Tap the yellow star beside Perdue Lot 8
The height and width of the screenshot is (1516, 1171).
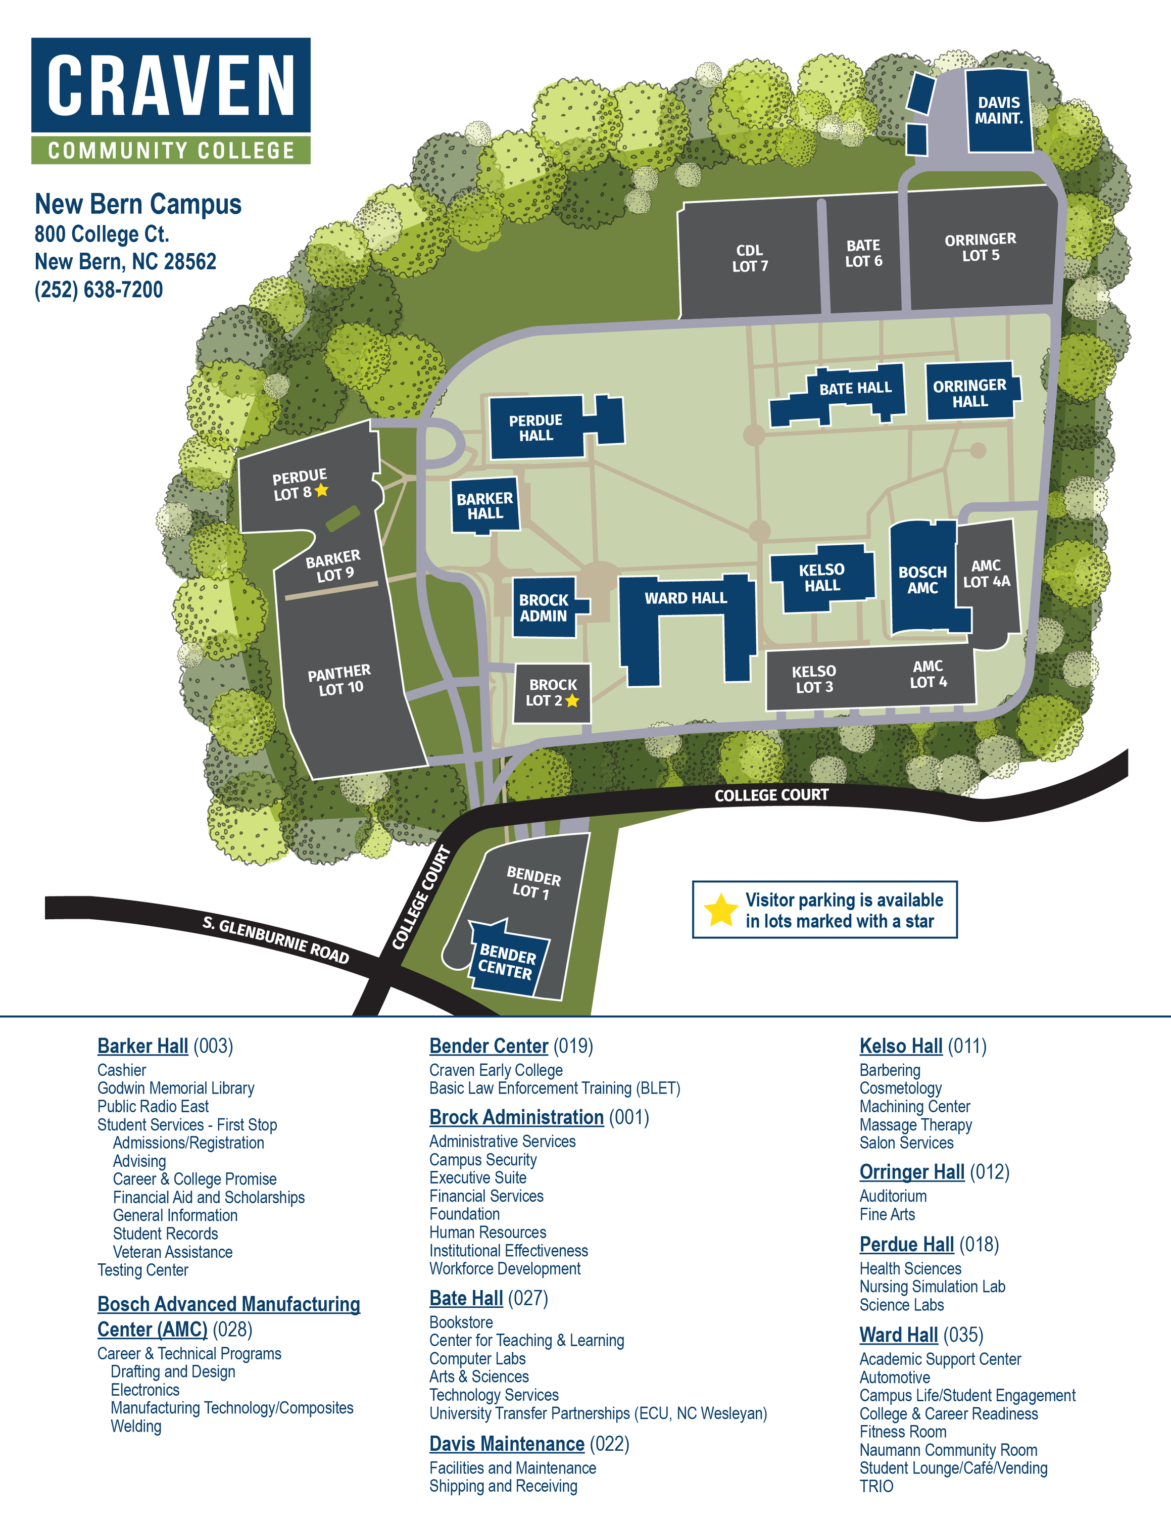[321, 490]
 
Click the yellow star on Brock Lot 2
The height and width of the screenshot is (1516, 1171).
[572, 700]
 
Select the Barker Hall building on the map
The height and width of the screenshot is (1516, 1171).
[485, 505]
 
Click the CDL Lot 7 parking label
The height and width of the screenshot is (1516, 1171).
[750, 258]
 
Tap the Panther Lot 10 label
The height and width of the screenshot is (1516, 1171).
[339, 680]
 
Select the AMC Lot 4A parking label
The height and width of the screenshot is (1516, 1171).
[986, 574]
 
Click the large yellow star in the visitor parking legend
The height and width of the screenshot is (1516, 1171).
[721, 910]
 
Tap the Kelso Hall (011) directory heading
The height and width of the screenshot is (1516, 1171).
[922, 1046]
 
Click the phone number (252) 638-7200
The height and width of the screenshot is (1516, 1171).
[99, 290]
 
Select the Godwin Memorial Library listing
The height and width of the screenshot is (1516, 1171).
[175, 1087]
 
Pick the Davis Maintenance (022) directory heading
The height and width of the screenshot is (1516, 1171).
[528, 1443]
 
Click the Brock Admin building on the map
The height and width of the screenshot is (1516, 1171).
[544, 607]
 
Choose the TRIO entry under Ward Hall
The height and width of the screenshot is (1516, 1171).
[876, 1486]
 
